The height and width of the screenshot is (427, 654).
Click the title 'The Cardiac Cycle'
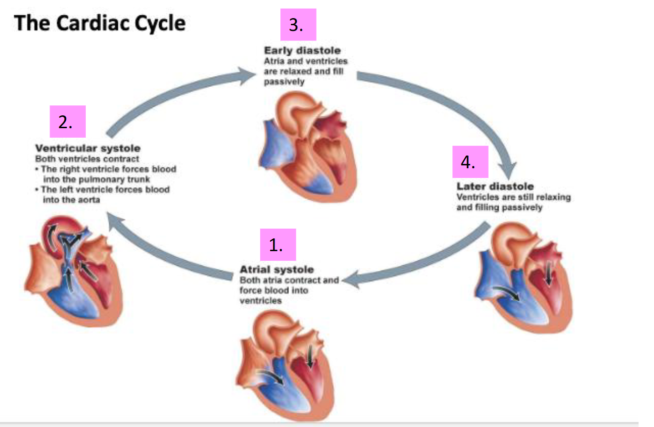[100, 23]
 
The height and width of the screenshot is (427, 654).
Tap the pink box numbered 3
[298, 24]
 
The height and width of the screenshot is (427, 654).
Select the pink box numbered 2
[67, 122]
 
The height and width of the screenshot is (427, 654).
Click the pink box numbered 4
[470, 162]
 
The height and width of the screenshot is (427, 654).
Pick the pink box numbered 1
[278, 245]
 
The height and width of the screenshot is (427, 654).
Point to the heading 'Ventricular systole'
[88, 148]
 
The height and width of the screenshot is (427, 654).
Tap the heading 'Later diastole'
[495, 186]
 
